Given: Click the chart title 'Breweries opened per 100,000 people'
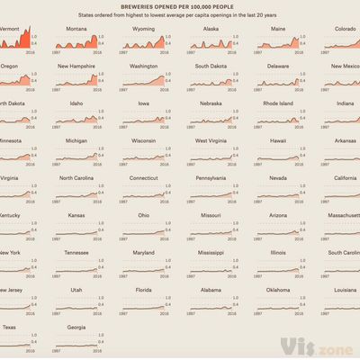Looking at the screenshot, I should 180,6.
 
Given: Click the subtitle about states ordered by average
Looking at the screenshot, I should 180,16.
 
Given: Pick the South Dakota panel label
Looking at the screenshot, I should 211,66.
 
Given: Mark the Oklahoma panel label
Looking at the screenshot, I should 278,290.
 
